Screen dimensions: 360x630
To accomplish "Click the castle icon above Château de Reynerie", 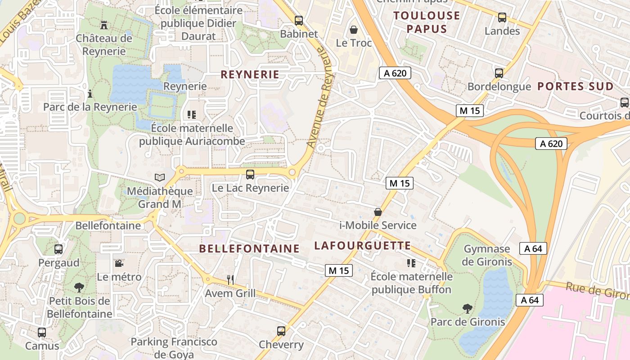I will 104,24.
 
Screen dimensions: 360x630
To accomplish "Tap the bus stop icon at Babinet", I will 299,20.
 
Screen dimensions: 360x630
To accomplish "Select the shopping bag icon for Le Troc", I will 354,30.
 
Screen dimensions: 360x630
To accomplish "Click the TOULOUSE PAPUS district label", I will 427,22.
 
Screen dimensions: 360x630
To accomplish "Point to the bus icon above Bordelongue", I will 499,73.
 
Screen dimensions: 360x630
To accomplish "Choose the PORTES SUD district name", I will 576,86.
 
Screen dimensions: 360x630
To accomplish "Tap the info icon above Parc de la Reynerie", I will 90,94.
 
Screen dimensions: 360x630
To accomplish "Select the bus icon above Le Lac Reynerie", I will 250,174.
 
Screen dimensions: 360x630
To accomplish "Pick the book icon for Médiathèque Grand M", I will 160,177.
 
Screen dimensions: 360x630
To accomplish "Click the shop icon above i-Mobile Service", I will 378,211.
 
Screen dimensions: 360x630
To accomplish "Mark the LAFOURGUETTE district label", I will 362,246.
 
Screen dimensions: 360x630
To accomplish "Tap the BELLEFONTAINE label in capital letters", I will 249,248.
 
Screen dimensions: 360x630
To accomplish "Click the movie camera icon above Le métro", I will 119,263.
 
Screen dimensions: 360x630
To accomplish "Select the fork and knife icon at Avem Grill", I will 230,280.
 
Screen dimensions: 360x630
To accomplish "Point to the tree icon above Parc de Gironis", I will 468,308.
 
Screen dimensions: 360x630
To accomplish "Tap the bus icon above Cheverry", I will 281,331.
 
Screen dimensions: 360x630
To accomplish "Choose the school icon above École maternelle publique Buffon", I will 411,263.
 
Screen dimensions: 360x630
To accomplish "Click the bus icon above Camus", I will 42,333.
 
